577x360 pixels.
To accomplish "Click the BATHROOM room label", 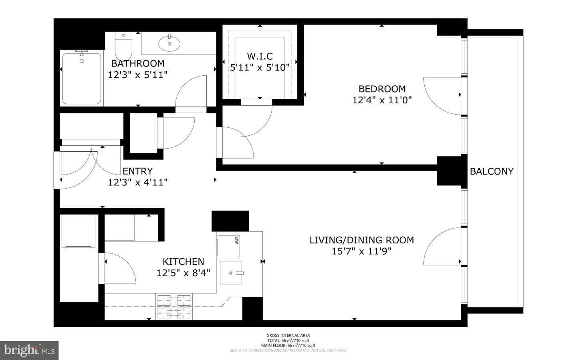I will click(x=137, y=63).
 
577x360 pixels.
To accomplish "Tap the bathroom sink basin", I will click(x=169, y=44).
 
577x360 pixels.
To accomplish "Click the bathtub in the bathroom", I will click(x=82, y=78).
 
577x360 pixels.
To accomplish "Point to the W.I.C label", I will click(x=260, y=56).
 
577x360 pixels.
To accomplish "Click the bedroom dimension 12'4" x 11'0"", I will click(x=382, y=100).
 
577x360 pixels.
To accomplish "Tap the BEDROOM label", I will click(x=382, y=89).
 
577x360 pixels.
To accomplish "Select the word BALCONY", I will click(x=491, y=171).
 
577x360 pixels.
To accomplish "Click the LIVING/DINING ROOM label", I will click(x=361, y=240).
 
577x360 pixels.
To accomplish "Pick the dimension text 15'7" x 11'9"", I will click(x=361, y=251).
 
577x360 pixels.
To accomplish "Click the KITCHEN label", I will click(x=183, y=261).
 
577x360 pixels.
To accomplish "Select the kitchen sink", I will click(x=231, y=273).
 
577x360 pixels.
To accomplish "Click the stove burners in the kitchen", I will click(x=174, y=306).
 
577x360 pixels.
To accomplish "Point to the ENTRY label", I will click(x=137, y=171).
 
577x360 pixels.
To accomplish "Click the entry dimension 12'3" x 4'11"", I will click(x=137, y=182).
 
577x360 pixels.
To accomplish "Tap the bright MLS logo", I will click(x=29, y=350).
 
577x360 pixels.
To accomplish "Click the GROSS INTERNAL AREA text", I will click(x=288, y=336).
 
